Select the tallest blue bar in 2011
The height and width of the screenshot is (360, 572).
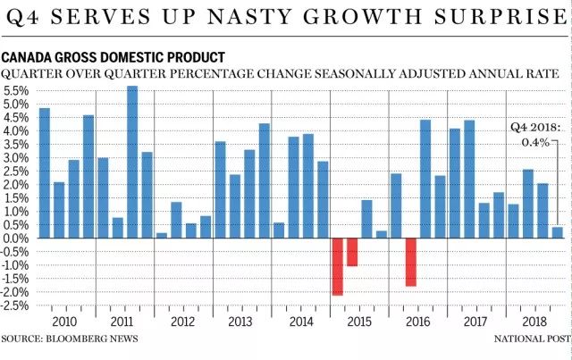(132, 162)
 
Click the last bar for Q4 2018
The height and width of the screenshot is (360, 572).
(557, 232)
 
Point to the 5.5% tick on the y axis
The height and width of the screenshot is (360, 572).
(18, 91)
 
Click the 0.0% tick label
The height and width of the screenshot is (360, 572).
(18, 239)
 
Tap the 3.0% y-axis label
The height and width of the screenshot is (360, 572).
(18, 158)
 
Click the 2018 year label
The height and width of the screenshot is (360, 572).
(534, 322)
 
